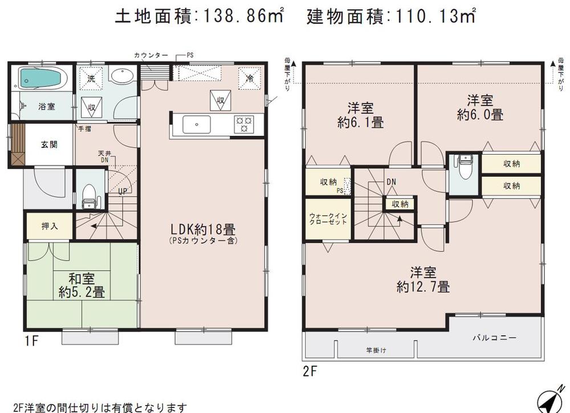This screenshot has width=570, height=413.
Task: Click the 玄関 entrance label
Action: click(48, 145)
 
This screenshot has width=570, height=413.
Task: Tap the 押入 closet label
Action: click(50, 226)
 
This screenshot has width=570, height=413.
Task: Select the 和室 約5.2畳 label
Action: click(82, 286)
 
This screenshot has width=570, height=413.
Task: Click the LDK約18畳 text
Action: click(203, 230)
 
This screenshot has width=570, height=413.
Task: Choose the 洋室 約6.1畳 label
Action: click(360, 114)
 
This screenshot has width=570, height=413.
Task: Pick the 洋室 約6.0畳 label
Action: click(480, 107)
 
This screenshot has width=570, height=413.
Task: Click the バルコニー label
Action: click(494, 338)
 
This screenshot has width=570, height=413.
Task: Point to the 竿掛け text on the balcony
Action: click(376, 350)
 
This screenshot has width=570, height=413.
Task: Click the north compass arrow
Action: click(550, 402)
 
